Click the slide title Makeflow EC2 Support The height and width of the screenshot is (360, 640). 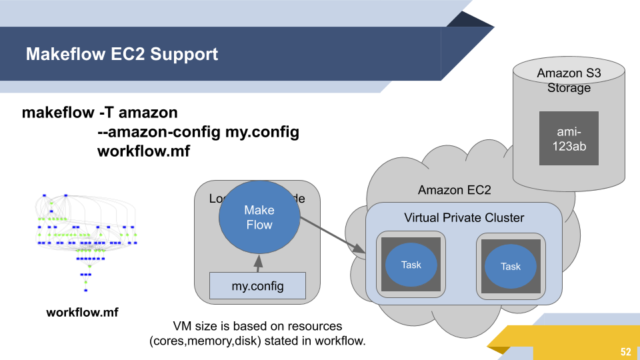(121, 54)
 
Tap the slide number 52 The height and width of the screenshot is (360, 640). (625, 352)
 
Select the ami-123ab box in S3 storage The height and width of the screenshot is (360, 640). (569, 138)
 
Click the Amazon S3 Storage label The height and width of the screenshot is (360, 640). (569, 81)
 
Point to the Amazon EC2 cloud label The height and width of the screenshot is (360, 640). (454, 190)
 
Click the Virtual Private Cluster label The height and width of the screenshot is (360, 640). (464, 218)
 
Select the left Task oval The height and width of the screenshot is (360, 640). (411, 265)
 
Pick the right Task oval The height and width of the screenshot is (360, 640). (510, 266)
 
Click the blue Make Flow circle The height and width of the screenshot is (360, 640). (259, 217)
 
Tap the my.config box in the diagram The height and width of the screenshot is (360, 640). (257, 286)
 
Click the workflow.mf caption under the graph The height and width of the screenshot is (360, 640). (82, 311)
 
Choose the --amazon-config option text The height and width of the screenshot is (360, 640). (159, 132)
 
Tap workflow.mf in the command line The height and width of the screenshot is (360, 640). (143, 151)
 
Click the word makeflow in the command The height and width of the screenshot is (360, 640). (58, 113)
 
